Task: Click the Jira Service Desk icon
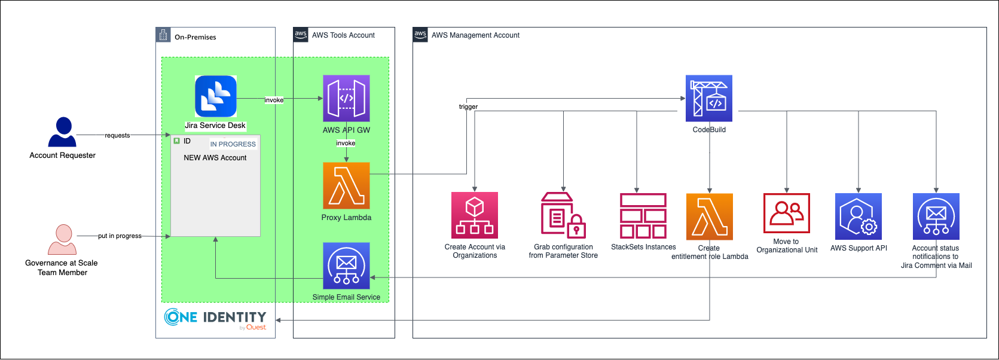pyautogui.click(x=216, y=96)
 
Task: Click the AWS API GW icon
pyautogui.click(x=346, y=98)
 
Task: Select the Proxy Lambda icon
pyautogui.click(x=346, y=185)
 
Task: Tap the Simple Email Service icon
pyautogui.click(x=346, y=266)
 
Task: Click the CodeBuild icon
pyautogui.click(x=709, y=99)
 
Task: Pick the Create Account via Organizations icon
pyautogui.click(x=475, y=215)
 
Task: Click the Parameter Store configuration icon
pyautogui.click(x=563, y=215)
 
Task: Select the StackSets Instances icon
pyautogui.click(x=643, y=215)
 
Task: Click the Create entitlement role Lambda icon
pyautogui.click(x=710, y=216)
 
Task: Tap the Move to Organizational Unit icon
pyautogui.click(x=787, y=213)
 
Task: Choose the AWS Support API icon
pyautogui.click(x=859, y=216)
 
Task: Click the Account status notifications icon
pyautogui.click(x=936, y=216)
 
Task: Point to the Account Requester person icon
pyautogui.click(x=63, y=132)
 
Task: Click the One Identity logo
pyautogui.click(x=215, y=319)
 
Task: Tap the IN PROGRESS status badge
pyautogui.click(x=233, y=144)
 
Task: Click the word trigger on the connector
pyautogui.click(x=468, y=106)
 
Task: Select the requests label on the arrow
pyautogui.click(x=117, y=135)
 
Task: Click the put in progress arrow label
pyautogui.click(x=120, y=236)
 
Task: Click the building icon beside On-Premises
pyautogui.click(x=163, y=35)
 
